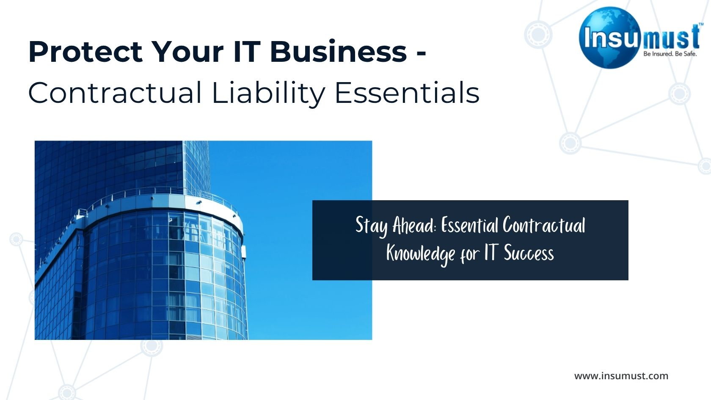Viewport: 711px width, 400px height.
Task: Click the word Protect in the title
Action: click(x=85, y=52)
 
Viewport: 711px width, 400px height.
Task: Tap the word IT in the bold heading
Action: click(x=247, y=52)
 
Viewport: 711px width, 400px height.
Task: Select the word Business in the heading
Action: click(x=339, y=51)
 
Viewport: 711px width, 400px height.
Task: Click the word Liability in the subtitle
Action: click(x=268, y=94)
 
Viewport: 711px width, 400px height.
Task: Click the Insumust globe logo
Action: click(x=609, y=37)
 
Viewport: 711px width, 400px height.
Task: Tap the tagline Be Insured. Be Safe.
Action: click(x=670, y=54)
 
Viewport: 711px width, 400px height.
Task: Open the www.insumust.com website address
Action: click(x=621, y=376)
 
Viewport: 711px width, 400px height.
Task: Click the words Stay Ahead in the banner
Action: click(x=395, y=225)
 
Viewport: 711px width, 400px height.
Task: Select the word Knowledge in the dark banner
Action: click(x=421, y=254)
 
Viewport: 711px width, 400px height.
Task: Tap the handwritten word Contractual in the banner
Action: click(x=544, y=225)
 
